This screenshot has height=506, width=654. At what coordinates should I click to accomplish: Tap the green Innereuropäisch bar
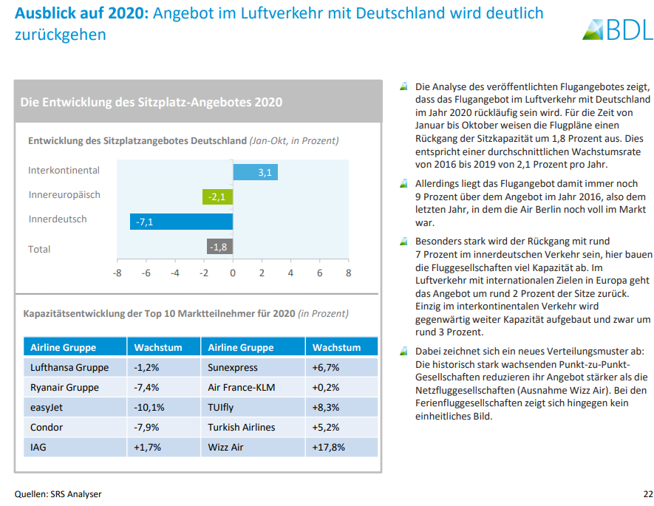tap(217, 196)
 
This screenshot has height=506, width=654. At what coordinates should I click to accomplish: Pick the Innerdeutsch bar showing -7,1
tap(181, 221)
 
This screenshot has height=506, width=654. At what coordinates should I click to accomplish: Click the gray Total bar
tap(219, 247)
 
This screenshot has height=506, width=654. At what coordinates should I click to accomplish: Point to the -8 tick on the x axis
tap(117, 273)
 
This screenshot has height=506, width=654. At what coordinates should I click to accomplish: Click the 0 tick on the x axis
tap(233, 273)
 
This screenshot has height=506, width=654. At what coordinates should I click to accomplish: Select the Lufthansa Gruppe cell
tap(69, 367)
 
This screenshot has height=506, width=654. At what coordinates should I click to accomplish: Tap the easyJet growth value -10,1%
tap(149, 407)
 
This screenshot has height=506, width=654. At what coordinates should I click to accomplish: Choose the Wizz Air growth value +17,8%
tap(330, 447)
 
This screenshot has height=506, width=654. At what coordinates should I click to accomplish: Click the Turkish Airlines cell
tap(242, 427)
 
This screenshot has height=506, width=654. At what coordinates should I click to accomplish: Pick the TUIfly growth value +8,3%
tap(327, 407)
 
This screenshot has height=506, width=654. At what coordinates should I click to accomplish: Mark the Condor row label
tap(47, 427)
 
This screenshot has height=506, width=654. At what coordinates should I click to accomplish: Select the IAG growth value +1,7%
tap(148, 447)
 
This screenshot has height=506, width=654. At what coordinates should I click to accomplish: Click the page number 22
tap(638, 493)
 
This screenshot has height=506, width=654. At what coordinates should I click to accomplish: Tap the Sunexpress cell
tap(233, 367)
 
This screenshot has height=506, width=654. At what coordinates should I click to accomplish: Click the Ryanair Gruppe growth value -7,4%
tap(147, 387)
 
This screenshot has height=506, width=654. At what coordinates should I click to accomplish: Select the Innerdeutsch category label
tap(58, 219)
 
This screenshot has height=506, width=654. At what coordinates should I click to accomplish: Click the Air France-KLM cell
tap(242, 387)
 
